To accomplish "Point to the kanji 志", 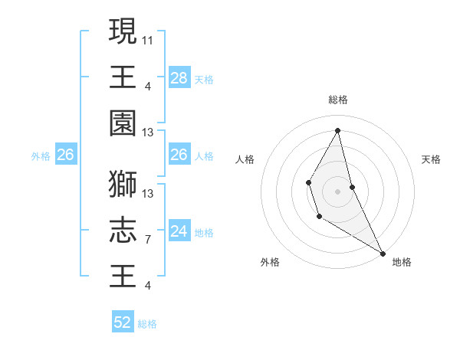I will [123, 230].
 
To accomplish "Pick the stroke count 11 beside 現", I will [148, 38].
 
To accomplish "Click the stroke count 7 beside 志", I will [148, 240].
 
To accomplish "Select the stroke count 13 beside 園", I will [148, 133].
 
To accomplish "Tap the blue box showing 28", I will [179, 77].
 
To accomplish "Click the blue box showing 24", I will [179, 231].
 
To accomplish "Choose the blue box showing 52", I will [123, 322].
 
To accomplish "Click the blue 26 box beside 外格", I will [65, 155].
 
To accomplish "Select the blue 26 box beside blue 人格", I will [179, 155].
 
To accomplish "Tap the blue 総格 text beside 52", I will [147, 324].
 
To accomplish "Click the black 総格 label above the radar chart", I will [337, 100].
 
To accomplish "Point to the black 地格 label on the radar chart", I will [402, 262].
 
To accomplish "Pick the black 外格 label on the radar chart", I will [270, 262].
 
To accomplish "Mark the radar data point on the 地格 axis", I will [383, 253].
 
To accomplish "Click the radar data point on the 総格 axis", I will [337, 129].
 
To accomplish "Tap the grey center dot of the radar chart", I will [337, 190].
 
